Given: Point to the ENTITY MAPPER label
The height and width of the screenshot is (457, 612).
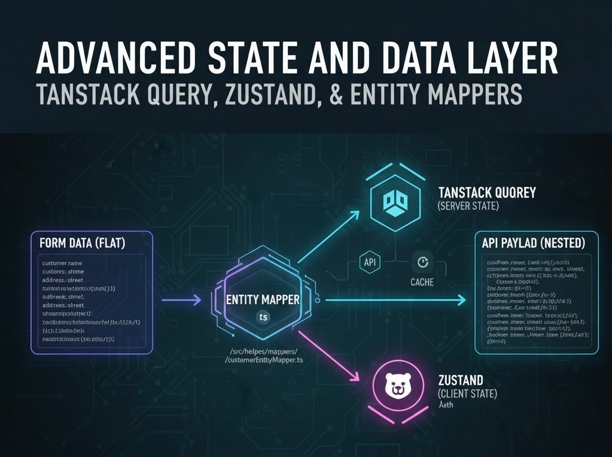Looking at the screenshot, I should click(x=263, y=299).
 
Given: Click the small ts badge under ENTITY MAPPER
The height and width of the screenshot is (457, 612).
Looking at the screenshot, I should click(x=263, y=317).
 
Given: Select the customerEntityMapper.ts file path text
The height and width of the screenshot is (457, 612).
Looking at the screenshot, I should click(x=264, y=360).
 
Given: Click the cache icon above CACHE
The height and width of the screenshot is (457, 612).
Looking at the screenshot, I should click(x=422, y=262).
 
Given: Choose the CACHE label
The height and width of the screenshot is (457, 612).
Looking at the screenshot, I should click(x=422, y=281).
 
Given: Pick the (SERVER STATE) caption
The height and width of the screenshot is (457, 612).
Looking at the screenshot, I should click(x=468, y=206).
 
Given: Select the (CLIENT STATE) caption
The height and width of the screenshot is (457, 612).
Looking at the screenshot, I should click(x=467, y=394).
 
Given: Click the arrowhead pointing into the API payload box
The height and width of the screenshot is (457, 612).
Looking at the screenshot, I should click(x=461, y=300).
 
